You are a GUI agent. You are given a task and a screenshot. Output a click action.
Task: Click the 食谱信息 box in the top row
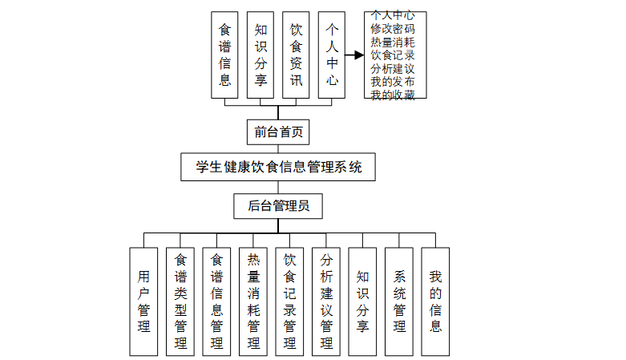tap(224, 55)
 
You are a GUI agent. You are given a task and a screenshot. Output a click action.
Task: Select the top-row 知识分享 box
tap(260, 55)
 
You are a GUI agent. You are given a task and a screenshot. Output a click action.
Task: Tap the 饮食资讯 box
tap(296, 55)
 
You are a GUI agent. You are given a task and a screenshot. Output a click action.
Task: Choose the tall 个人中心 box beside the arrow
tap(332, 55)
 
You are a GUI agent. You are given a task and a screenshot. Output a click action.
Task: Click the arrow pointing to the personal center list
tap(355, 55)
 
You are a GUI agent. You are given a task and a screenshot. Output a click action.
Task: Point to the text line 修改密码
tap(393, 28)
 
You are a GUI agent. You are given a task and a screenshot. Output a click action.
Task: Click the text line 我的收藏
tap(393, 95)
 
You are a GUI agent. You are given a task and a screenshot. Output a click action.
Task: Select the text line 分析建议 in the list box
tap(393, 69)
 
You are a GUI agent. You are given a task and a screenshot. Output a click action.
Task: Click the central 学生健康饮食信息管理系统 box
tap(279, 168)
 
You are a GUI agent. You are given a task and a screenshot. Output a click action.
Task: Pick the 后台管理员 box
tap(277, 205)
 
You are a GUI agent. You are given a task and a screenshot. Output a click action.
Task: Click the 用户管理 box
tap(143, 301)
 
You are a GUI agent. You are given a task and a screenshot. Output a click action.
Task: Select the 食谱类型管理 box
tap(180, 301)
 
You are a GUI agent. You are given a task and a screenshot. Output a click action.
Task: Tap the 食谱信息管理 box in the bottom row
tap(216, 301)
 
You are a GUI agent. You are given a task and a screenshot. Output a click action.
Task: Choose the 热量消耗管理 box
tap(253, 301)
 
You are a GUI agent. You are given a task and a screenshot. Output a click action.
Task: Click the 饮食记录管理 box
tap(289, 301)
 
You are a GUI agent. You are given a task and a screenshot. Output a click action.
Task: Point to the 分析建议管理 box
tap(326, 301)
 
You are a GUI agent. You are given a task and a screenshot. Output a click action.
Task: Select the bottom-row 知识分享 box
tap(362, 301)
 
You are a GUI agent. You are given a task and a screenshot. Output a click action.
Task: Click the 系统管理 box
tap(399, 301)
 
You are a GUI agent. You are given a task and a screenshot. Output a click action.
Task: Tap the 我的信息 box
tap(435, 301)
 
